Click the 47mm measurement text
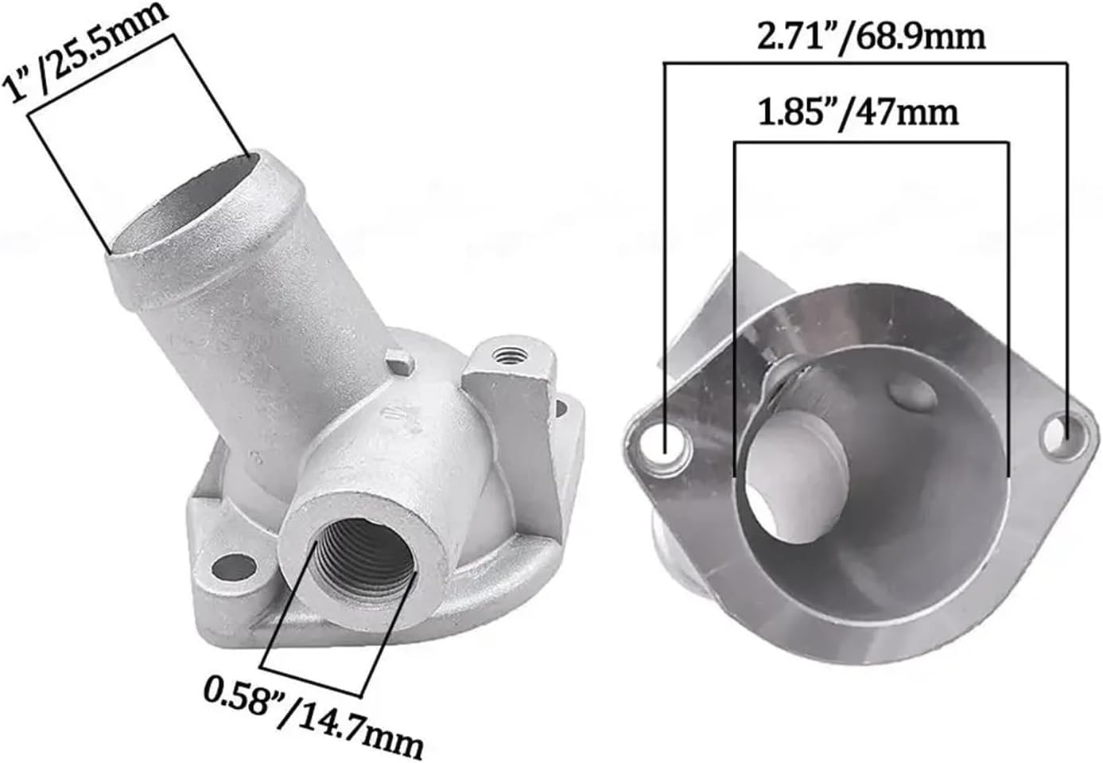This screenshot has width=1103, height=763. click(x=915, y=112)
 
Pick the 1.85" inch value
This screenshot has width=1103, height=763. click(x=796, y=112)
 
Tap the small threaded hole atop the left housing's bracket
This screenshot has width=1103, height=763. click(x=502, y=352)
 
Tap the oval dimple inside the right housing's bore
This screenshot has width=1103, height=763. click(x=909, y=395)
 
